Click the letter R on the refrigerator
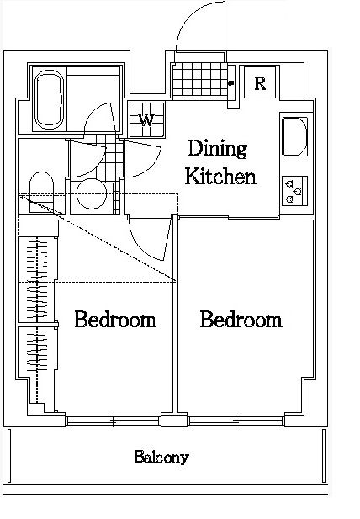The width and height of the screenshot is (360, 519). coord(260,83)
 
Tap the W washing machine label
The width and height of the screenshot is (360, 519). coord(147,119)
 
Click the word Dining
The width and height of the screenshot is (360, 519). coord(217,149)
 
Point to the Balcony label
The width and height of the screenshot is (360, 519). coord(161,458)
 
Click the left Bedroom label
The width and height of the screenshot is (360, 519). coord(115,320)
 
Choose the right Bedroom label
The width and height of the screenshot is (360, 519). coord(241,320)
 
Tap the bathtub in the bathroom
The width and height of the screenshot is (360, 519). coord(50,99)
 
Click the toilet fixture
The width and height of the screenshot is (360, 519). coord(42,192)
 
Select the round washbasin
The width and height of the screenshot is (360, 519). coord(92,194)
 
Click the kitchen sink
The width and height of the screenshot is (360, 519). coord(294,136)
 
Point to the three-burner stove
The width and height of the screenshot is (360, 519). coord(294,191)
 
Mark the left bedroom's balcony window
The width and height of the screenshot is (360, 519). coord(114,421)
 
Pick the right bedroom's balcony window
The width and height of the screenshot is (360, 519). coord(236,421)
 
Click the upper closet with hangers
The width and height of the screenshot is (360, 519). coord(37,279)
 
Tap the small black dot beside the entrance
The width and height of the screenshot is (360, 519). coord(230,83)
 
